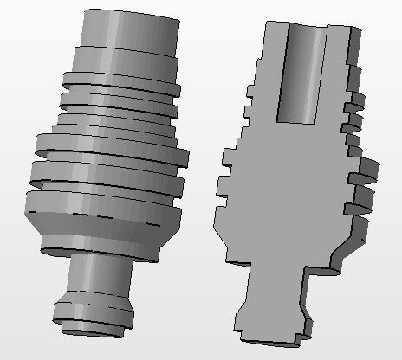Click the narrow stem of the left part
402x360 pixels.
pos(97,274)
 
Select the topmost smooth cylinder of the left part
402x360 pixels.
pos(130,30)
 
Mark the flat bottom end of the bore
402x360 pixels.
pos(303,119)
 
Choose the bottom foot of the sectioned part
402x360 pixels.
pos(269,324)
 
